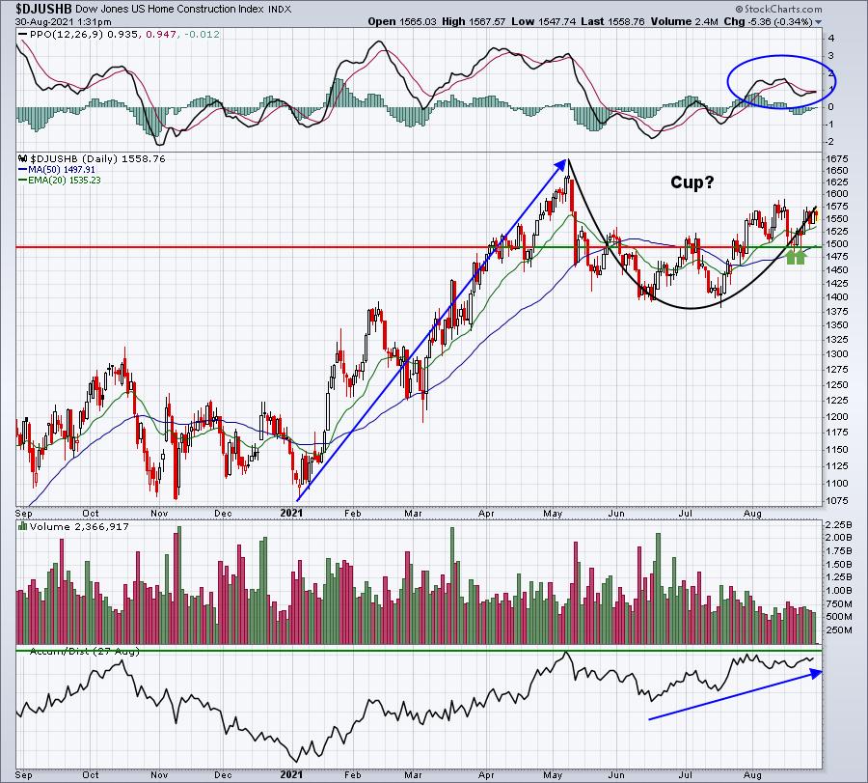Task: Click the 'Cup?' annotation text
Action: [692, 182]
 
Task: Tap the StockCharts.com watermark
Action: [778, 9]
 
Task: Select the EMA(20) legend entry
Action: [59, 181]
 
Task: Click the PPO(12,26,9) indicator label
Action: [63, 35]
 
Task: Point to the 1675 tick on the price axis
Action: [836, 159]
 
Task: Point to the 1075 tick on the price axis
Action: [836, 501]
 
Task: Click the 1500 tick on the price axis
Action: [836, 244]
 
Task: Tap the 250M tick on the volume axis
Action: [839, 630]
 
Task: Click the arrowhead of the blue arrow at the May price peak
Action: [562, 164]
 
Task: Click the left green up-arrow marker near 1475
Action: [791, 257]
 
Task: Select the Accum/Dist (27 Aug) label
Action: [85, 652]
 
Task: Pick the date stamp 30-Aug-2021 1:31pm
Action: [63, 22]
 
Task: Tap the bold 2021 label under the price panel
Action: [291, 513]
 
